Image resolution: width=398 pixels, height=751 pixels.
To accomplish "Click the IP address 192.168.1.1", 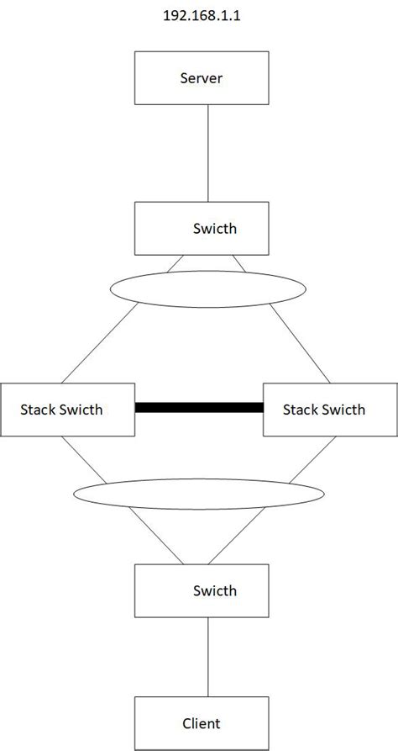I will pos(200,14).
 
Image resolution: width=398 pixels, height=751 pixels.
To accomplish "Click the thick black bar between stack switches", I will pos(199,408).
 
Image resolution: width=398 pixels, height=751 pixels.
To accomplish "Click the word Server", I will pos(202,79).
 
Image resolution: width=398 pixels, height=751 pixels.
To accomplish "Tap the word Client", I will pos(202,722).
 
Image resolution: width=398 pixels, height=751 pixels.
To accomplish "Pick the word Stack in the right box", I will pos(301,410).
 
